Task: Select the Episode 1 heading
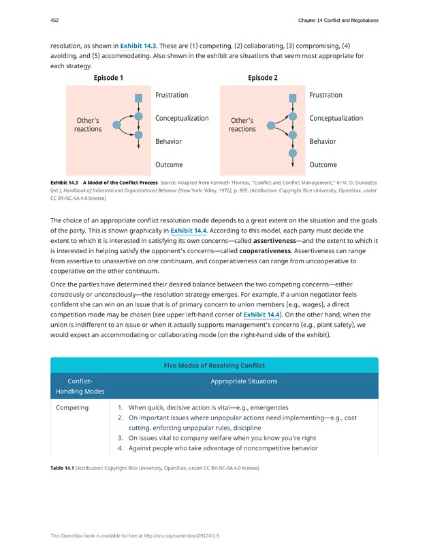[108, 78]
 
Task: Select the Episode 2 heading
[263, 78]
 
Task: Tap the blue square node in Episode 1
[138, 98]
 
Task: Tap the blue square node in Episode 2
[293, 98]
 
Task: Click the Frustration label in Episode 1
[172, 96]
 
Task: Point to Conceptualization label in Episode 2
[336, 119]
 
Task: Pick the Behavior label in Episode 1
[169, 142]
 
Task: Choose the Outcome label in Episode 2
[323, 165]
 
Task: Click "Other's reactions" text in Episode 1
[88, 125]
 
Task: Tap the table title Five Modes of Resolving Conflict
[214, 366]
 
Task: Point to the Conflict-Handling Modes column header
[81, 386]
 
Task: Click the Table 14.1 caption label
[62, 468]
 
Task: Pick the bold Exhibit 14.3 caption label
[64, 184]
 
